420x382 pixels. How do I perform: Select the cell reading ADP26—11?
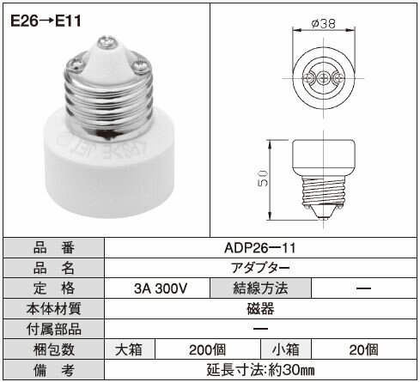pos(260,248)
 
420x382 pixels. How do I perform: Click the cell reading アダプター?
pos(260,268)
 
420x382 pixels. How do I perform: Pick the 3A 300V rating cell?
pos(161,288)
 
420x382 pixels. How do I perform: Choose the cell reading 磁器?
pos(260,309)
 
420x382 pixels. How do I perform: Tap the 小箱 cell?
pos(286,349)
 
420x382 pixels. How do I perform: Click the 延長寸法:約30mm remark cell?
pos(260,370)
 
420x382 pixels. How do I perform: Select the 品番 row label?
pos(53,248)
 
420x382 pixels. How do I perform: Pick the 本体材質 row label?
pos(53,309)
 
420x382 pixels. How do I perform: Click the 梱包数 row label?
pos(53,349)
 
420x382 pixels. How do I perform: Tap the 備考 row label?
pos(53,370)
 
